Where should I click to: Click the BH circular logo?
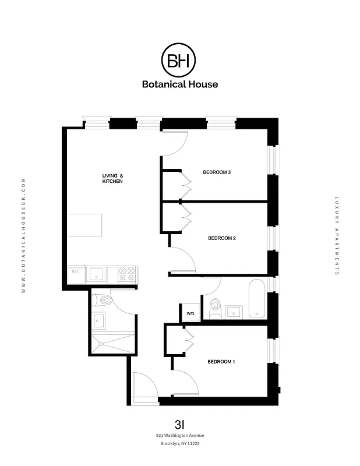179,60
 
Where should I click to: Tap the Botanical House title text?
179,84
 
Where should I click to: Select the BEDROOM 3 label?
217,172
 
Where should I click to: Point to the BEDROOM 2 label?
221,238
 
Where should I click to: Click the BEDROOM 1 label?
221,362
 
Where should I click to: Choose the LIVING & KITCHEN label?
112,179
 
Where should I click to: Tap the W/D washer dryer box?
190,314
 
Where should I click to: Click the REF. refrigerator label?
75,271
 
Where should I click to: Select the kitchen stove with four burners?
127,274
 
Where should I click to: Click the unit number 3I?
180,423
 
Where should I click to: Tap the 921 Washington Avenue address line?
180,435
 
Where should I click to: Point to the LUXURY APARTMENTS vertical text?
337,236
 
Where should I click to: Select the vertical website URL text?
23,236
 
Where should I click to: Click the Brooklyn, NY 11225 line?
180,444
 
